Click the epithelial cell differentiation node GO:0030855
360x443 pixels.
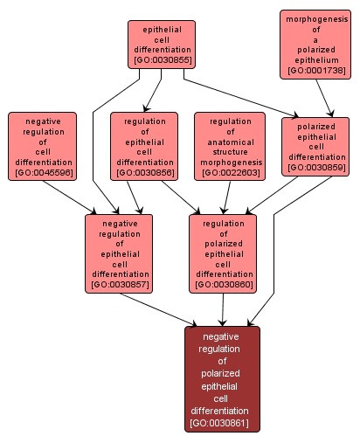tap(161, 45)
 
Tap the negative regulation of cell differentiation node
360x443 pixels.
tap(42, 145)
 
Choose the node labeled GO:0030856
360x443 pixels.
tap(143, 145)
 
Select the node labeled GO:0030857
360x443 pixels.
tap(119, 253)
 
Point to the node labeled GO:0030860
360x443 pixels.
tap(222, 253)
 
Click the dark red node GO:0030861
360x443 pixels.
tap(222, 379)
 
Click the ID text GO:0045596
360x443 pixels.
tap(42, 173)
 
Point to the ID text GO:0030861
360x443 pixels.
tap(222, 423)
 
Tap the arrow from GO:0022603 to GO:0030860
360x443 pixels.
tap(226, 197)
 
